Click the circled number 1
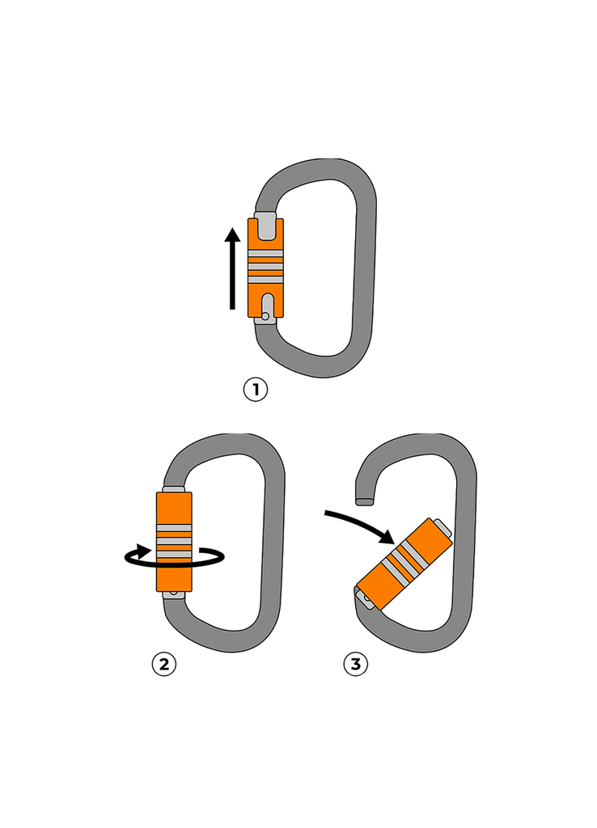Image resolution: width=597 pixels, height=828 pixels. pos(255,391)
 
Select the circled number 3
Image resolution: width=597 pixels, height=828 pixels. pos(355,665)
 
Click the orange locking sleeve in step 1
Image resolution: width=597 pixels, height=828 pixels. pos(266,267)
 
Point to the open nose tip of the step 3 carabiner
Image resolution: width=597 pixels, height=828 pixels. pos(365,501)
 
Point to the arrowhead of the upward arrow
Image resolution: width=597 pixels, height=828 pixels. pos(233,235)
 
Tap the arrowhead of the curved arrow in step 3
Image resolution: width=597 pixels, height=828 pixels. pos(386,537)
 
